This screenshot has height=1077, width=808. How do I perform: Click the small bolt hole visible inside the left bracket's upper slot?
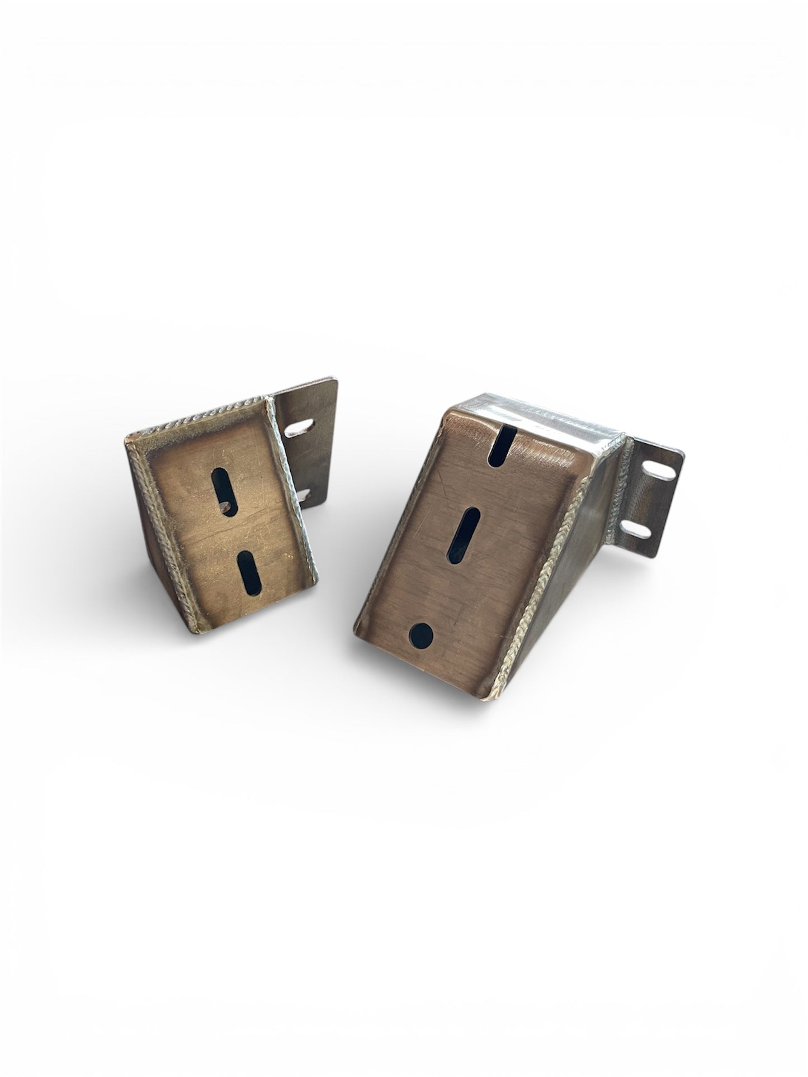pos(224,507)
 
